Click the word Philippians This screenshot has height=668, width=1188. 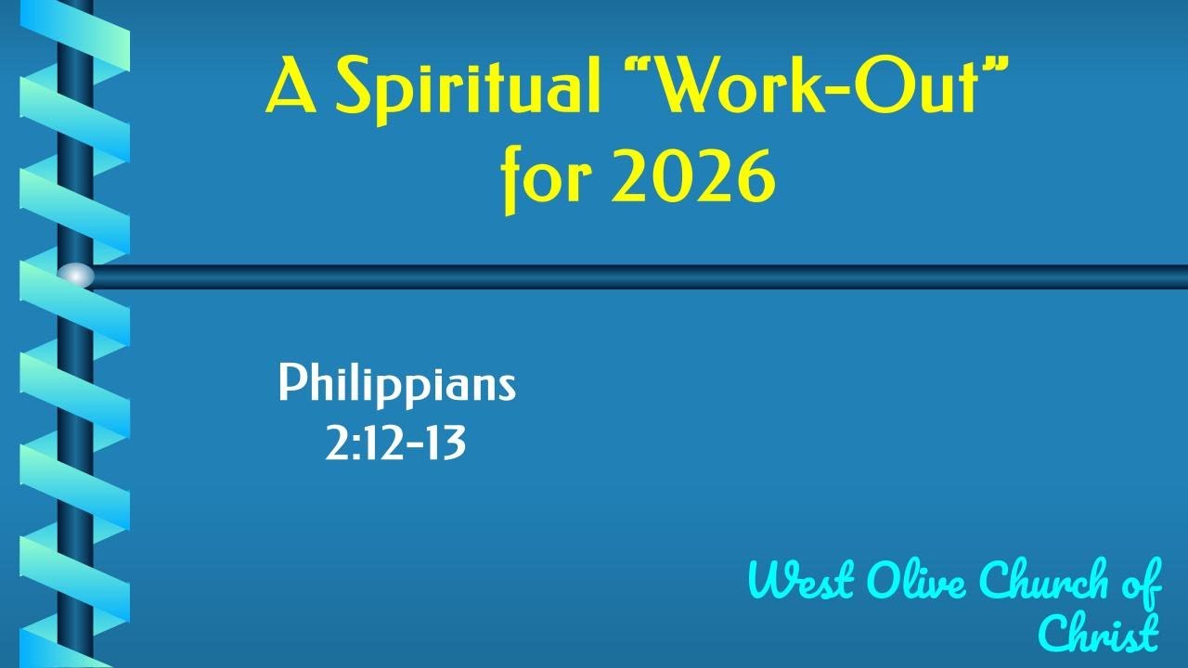coord(396,384)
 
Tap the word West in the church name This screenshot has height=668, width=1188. coord(802,582)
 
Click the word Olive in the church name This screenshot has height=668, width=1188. coord(920,582)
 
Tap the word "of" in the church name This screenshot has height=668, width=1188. coord(1140,582)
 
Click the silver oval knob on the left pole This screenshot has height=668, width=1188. coord(76,276)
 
